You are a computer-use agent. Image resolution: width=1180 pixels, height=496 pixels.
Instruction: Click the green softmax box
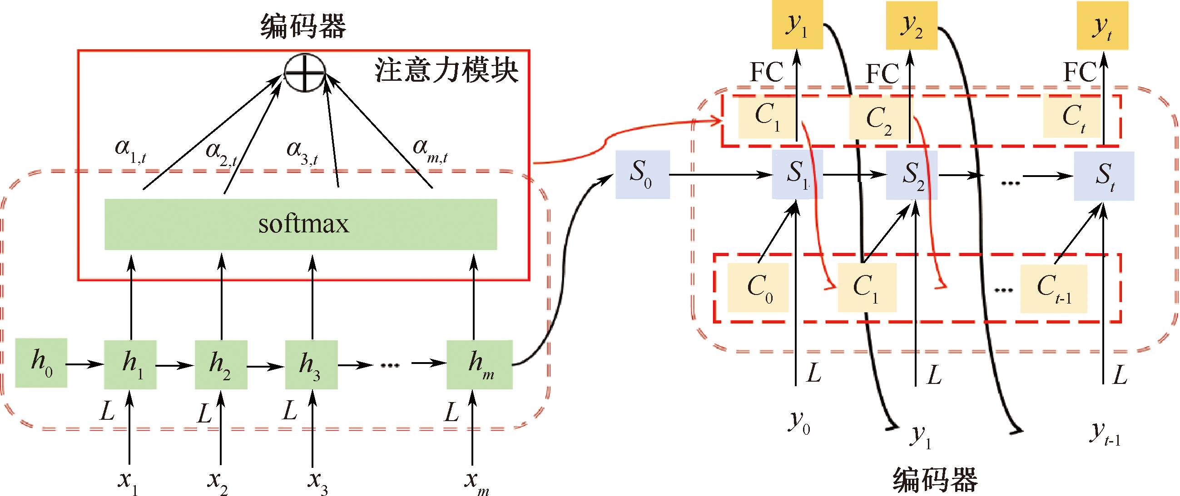tap(301, 224)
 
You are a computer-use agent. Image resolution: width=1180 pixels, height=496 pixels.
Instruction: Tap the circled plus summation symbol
tap(305, 73)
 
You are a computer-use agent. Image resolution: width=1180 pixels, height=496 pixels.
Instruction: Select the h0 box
tap(41, 363)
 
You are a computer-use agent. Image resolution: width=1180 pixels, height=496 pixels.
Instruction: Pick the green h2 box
tap(221, 365)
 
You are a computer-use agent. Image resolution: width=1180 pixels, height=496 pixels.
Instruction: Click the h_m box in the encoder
tap(479, 365)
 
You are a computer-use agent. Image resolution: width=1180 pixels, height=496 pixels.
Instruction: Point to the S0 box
tap(642, 174)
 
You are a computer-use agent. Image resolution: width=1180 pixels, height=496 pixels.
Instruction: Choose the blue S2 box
tap(911, 175)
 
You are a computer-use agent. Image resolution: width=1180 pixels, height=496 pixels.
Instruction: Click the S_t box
tap(1104, 176)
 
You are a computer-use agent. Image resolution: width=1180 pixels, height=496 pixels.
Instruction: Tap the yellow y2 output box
tap(911, 25)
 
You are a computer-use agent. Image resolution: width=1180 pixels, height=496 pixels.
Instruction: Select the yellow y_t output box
tap(1102, 25)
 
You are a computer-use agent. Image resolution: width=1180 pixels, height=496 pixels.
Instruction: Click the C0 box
tap(758, 288)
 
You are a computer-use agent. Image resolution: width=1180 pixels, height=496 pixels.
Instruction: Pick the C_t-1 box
tap(1054, 289)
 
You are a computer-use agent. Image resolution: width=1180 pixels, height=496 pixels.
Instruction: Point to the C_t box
tap(1072, 117)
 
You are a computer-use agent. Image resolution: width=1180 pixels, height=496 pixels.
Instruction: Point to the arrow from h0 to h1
tap(85, 364)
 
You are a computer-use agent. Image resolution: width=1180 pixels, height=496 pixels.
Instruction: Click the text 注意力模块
tap(446, 71)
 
